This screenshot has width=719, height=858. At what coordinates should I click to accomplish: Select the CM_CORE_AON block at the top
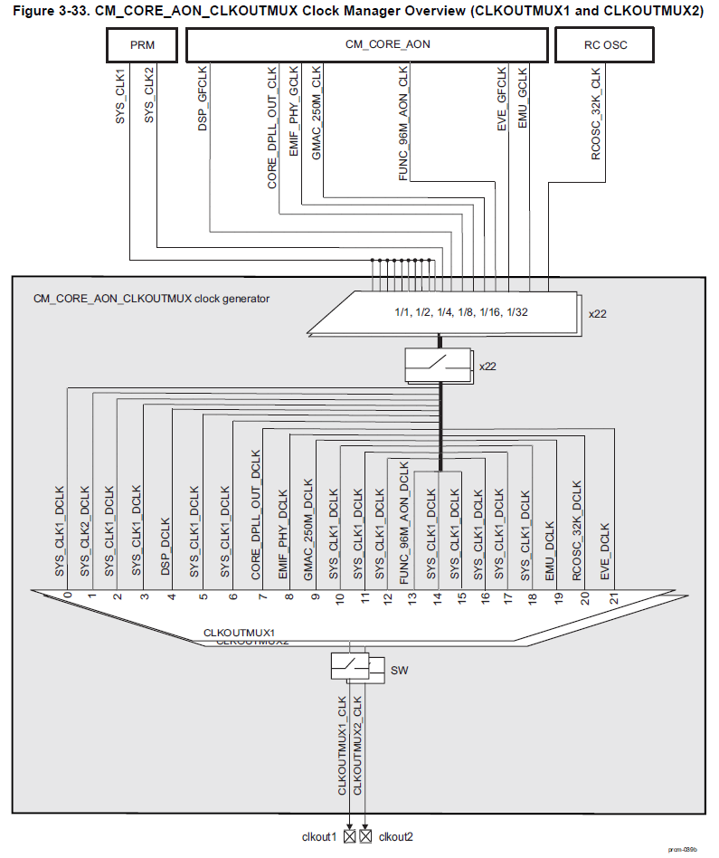tap(366, 43)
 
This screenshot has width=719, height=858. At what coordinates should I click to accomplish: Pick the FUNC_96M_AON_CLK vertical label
tap(403, 126)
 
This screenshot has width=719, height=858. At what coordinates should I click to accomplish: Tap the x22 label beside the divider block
tap(596, 314)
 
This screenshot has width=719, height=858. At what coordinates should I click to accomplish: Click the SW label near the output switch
tap(399, 671)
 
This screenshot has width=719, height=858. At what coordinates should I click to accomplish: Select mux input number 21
tap(612, 597)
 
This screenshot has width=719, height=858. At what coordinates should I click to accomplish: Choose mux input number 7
tap(261, 596)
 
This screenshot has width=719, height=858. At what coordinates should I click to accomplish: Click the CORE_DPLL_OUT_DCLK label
tap(256, 515)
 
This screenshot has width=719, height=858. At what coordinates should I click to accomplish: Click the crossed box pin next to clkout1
tap(349, 836)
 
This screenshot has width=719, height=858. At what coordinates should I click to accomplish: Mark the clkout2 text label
tap(395, 836)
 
